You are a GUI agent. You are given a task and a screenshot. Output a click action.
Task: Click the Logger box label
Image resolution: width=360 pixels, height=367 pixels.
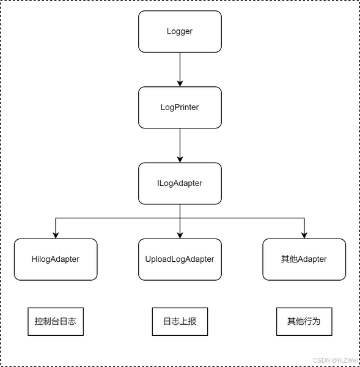(180, 31)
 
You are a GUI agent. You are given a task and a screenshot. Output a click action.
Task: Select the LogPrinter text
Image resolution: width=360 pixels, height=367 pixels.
(180, 107)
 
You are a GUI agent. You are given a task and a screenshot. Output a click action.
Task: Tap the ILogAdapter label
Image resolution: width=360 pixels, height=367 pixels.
(180, 183)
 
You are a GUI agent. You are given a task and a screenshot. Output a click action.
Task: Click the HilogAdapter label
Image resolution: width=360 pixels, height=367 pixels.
(56, 259)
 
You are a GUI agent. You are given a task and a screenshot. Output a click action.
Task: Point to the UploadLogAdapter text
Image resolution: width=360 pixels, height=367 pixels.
(180, 259)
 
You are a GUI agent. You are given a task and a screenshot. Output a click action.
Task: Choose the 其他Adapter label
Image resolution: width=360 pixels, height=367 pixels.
(304, 259)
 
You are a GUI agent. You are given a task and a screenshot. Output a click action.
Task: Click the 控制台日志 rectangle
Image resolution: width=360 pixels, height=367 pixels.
(56, 321)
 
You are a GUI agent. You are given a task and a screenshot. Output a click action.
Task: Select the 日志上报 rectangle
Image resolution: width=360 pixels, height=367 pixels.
(180, 321)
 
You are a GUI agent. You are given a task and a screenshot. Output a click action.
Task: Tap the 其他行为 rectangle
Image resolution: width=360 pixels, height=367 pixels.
(304, 321)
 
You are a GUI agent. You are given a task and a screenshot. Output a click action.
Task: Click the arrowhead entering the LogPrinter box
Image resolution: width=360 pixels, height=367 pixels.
(180, 84)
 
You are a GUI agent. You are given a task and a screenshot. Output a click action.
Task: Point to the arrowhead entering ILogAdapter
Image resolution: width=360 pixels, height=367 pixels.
(180, 160)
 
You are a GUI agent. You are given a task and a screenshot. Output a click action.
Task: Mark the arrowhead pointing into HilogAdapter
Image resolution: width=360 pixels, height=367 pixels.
(56, 235)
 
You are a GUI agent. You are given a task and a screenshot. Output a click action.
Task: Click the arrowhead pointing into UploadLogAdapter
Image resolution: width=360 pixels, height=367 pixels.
(180, 235)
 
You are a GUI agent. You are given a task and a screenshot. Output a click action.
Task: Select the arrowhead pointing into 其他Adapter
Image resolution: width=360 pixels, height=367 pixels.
(304, 235)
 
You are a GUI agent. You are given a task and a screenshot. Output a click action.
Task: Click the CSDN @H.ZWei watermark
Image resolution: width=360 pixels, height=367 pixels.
(336, 360)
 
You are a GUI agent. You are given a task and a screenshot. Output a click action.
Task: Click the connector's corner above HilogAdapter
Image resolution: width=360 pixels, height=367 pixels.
(56, 218)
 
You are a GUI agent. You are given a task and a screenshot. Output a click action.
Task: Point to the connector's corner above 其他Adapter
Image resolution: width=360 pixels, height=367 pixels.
(304, 218)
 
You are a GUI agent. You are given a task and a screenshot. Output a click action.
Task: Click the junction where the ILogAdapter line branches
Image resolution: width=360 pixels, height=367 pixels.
(180, 218)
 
